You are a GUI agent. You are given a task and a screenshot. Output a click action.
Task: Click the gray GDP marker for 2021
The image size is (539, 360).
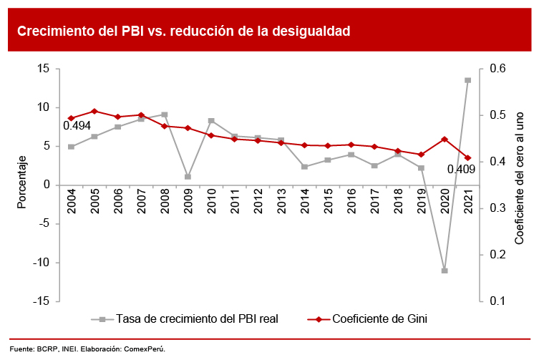pyautogui.click(x=467, y=80)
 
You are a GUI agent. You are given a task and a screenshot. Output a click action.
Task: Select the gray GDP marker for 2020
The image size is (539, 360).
pyautogui.click(x=445, y=271)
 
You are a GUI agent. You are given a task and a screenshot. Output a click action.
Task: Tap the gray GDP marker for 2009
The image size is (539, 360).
pyautogui.click(x=188, y=177)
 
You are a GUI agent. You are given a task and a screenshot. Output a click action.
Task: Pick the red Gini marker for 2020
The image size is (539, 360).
pyautogui.click(x=445, y=139)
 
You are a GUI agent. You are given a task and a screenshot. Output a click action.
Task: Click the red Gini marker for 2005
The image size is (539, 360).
pyautogui.click(x=94, y=111)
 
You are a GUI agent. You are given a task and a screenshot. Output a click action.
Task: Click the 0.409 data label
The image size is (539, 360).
pyautogui.click(x=461, y=170)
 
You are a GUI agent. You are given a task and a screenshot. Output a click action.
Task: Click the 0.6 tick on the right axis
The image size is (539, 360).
pyautogui.click(x=497, y=69)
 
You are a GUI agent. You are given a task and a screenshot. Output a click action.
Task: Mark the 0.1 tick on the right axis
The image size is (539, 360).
pyautogui.click(x=497, y=301)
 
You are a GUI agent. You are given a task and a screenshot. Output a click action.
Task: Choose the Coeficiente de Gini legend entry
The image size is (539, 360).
pyautogui.click(x=379, y=319)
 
